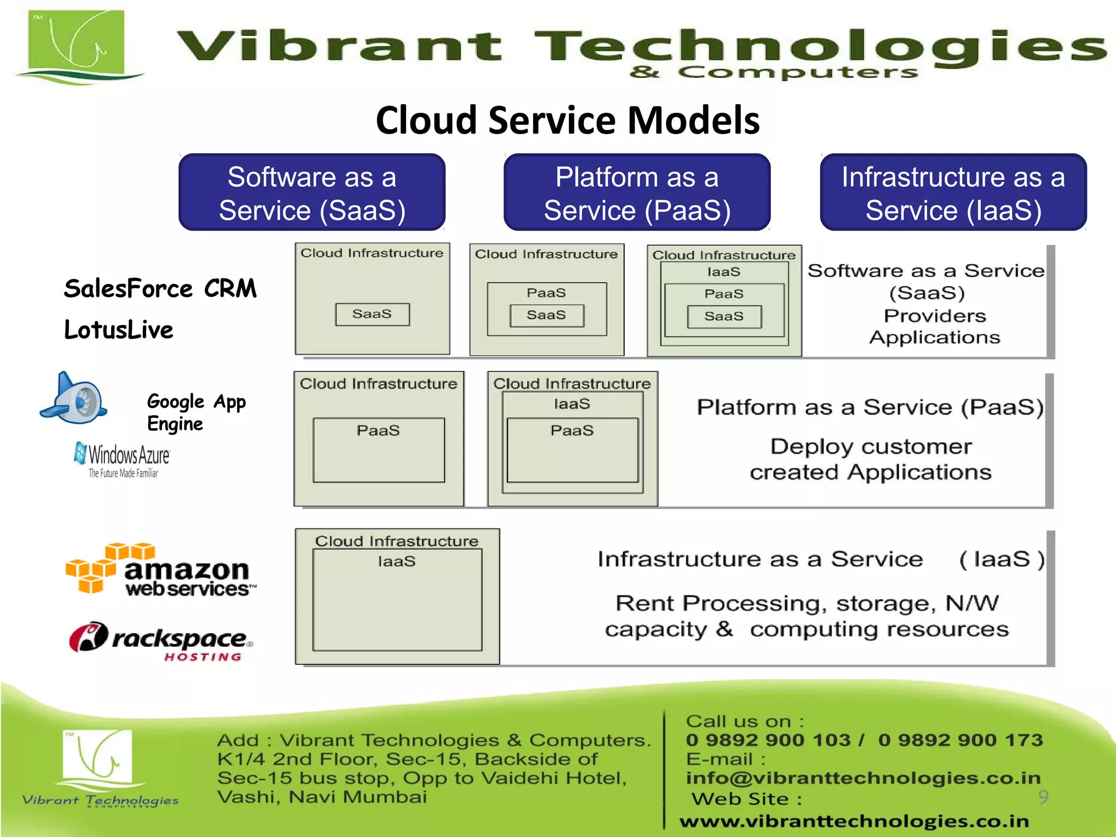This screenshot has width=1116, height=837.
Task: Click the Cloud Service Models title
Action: (x=567, y=120)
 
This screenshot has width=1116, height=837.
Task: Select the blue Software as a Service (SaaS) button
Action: (x=312, y=193)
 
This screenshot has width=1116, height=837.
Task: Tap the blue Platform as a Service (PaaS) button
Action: (x=636, y=193)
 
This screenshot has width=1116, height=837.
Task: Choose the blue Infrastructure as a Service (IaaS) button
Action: (x=953, y=193)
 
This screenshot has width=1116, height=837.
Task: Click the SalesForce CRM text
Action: (x=160, y=288)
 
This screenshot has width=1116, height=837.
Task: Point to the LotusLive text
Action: (x=118, y=330)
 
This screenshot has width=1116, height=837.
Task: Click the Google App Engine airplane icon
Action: (x=75, y=398)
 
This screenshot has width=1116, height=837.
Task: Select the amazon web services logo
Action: (x=160, y=569)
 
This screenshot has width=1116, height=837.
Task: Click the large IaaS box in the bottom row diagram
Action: (x=397, y=599)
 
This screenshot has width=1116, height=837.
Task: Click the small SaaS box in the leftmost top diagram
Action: (x=372, y=314)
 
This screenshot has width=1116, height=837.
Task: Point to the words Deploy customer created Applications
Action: (x=870, y=459)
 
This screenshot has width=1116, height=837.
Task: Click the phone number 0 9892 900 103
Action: (x=768, y=740)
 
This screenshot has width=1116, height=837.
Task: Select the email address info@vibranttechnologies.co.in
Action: (x=863, y=778)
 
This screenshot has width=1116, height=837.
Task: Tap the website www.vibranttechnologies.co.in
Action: (x=854, y=821)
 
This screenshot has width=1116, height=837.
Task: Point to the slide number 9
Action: (x=1043, y=797)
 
